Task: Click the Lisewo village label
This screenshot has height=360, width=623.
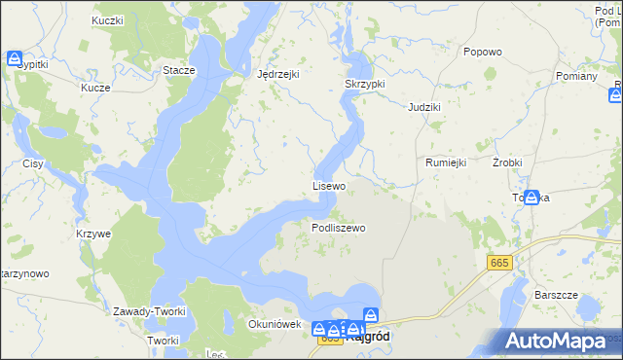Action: pos(329,185)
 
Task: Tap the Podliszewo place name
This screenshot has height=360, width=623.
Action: pos(338,228)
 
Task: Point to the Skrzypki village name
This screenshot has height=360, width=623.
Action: pos(365,84)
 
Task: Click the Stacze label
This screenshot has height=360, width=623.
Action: pos(179,70)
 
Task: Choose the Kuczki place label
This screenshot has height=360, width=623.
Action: pos(107,20)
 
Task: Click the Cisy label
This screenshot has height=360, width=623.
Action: pos(33,163)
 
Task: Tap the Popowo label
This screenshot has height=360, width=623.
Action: pos(483,52)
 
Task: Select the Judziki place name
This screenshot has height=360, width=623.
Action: pos(424,106)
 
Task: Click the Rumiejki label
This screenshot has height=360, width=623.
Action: pos(448,162)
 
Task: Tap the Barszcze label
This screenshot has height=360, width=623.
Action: pos(557,295)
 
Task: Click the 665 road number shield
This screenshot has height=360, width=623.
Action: pos(499,264)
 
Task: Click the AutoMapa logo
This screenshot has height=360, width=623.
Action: pos(559,342)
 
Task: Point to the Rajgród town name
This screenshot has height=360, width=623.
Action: pos(367,339)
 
